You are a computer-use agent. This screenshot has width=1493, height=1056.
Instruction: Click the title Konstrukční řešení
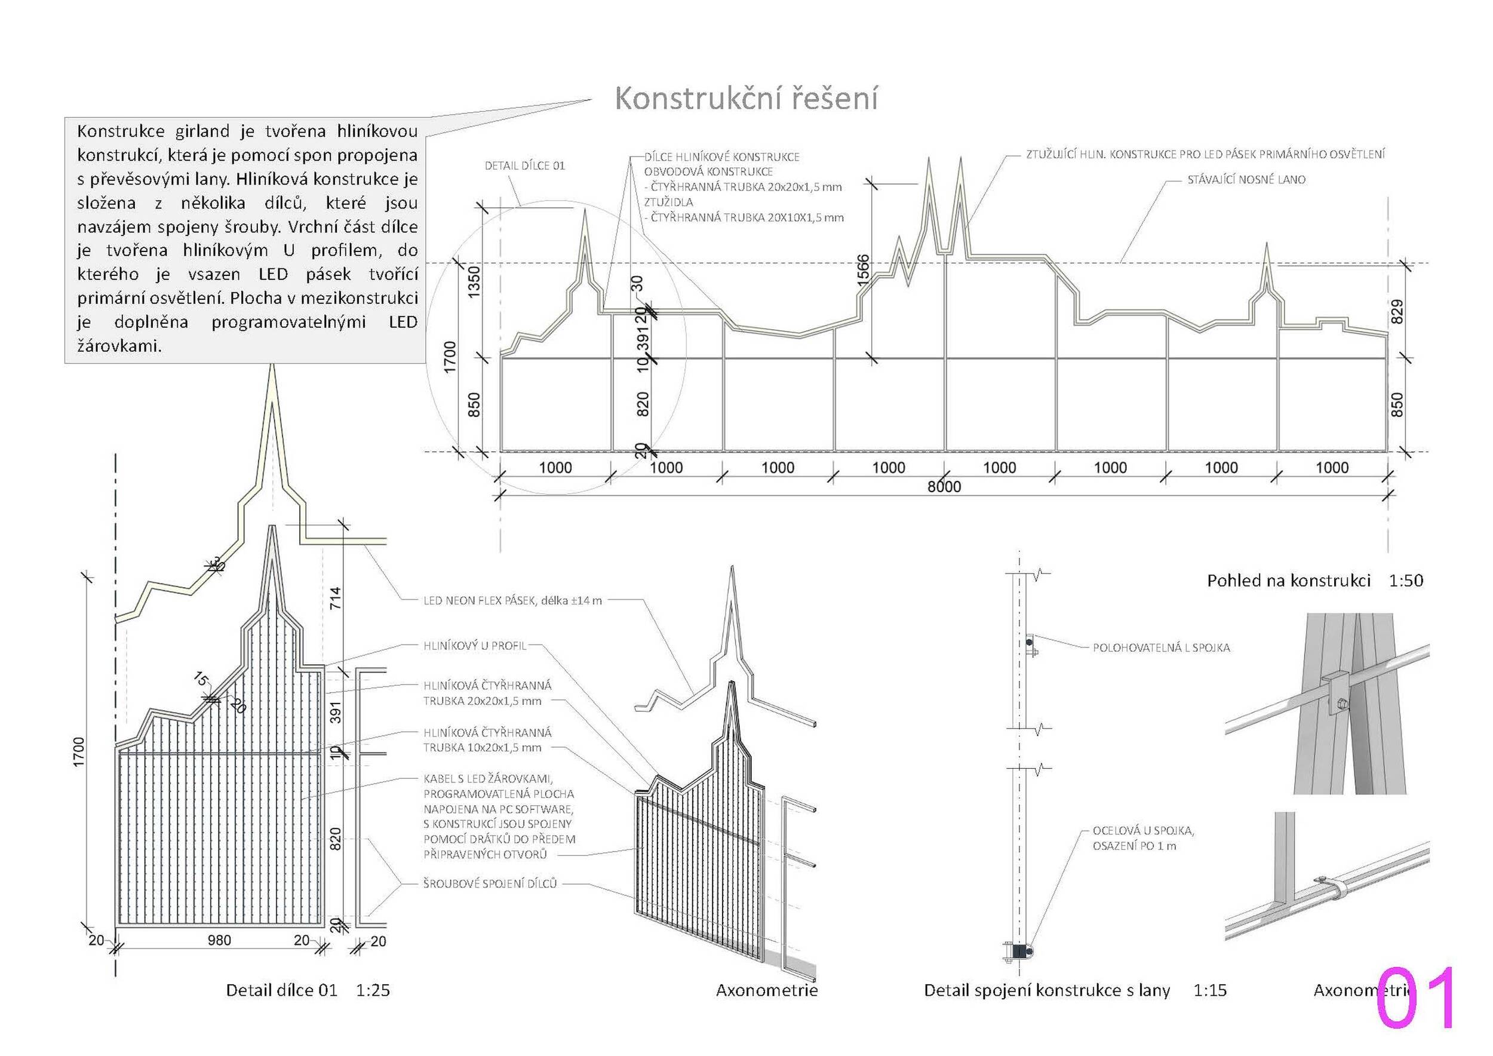pyautogui.click(x=746, y=99)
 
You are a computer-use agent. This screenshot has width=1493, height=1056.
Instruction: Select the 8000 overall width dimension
pyautogui.click(x=944, y=486)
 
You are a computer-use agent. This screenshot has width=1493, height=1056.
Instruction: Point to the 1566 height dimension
pyautogui.click(x=862, y=269)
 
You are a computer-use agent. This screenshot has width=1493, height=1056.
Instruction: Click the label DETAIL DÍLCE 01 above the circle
pyautogui.click(x=525, y=166)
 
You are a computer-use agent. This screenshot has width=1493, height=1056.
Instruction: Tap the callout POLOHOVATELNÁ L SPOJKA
pyautogui.click(x=1161, y=647)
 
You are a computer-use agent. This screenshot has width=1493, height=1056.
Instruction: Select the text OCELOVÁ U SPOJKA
pyautogui.click(x=1143, y=830)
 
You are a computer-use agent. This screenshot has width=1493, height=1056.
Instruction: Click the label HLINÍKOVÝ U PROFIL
pyautogui.click(x=475, y=646)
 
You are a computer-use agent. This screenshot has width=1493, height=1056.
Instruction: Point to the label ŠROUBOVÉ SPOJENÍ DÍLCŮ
pyautogui.click(x=490, y=884)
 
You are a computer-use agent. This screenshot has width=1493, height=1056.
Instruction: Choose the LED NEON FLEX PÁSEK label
pyautogui.click(x=512, y=601)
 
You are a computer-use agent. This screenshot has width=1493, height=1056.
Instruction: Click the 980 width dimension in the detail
pyautogui.click(x=219, y=940)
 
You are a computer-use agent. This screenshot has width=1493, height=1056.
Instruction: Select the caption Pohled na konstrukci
pyautogui.click(x=1289, y=581)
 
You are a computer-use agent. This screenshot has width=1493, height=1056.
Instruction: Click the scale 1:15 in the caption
pyautogui.click(x=1210, y=990)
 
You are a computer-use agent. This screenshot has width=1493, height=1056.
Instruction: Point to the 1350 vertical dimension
pyautogui.click(x=474, y=281)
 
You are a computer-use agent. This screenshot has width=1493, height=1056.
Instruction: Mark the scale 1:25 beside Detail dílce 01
pyautogui.click(x=373, y=990)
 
